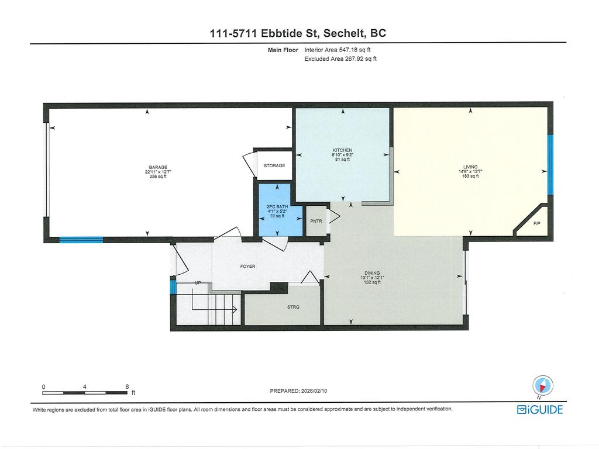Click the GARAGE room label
point(158,167)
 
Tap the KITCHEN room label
point(343,150)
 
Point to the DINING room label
point(372,273)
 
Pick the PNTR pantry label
point(316,221)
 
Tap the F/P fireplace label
point(536,224)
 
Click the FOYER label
point(247,266)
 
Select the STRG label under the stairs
point(293,307)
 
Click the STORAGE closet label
point(274,166)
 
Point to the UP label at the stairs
point(198,283)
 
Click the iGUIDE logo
point(539,410)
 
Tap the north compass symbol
point(542,386)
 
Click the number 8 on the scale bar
point(127,386)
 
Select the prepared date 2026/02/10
point(319,391)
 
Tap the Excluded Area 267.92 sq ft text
point(340,58)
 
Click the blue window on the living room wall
point(550,165)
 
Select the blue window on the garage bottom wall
point(81,239)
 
